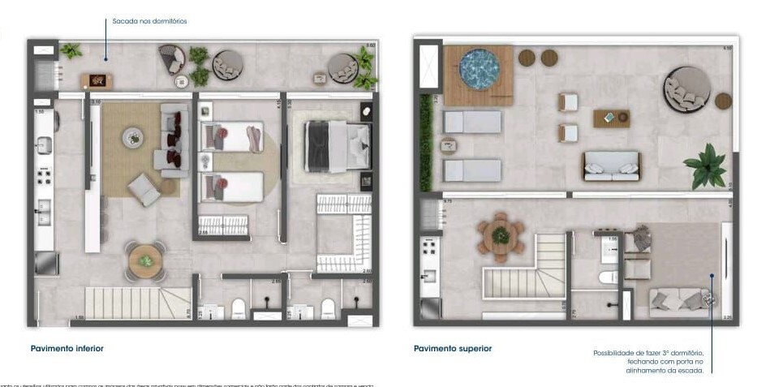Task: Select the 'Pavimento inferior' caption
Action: pyautogui.click(x=67, y=348)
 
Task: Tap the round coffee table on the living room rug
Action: pyautogui.click(x=133, y=138)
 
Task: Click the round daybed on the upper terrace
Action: pyautogui.click(x=686, y=89)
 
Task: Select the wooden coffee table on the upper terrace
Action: pyautogui.click(x=611, y=118)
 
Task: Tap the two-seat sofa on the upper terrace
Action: pyautogui.click(x=611, y=166)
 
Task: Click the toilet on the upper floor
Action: pyautogui.click(x=608, y=277)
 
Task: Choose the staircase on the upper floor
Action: pyautogui.click(x=527, y=272)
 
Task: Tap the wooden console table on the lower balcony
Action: pyautogui.click(x=97, y=81)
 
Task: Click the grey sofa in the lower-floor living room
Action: pyautogui.click(x=173, y=140)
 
